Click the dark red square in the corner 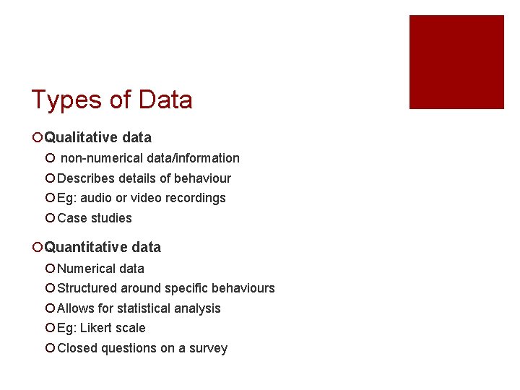pyautogui.click(x=456, y=62)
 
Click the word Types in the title pyautogui.click(x=66, y=100)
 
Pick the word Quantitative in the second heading pyautogui.click(x=84, y=247)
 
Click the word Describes pyautogui.click(x=86, y=178)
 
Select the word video pyautogui.click(x=146, y=198)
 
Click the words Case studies pyautogui.click(x=95, y=218)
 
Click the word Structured pyautogui.click(x=87, y=288)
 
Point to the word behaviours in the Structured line pyautogui.click(x=240, y=288)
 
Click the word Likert pyautogui.click(x=96, y=328)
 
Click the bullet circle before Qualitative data pyautogui.click(x=37, y=138)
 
